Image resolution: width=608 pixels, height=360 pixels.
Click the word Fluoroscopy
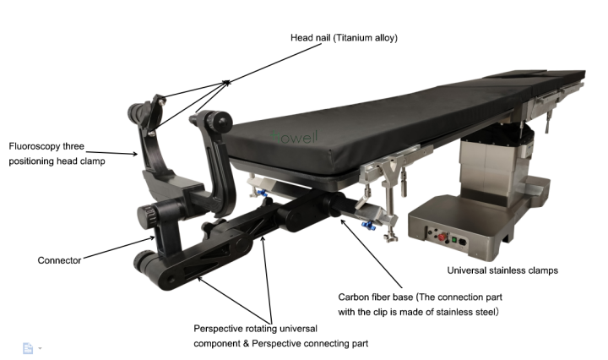tap(35, 145)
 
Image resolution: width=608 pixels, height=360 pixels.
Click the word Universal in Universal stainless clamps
tap(466, 270)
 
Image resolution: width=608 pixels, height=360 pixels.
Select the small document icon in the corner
tap(27, 347)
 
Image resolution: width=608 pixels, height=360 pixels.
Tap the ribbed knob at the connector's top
tap(149, 215)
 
